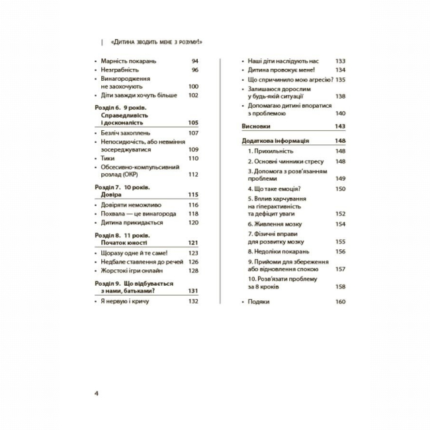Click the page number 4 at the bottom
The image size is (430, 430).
coord(97,394)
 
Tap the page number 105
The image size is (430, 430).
coord(193,122)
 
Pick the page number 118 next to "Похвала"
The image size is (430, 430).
coord(193,214)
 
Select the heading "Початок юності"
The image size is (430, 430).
coord(126,243)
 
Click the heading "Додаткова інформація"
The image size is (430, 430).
coord(277,141)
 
